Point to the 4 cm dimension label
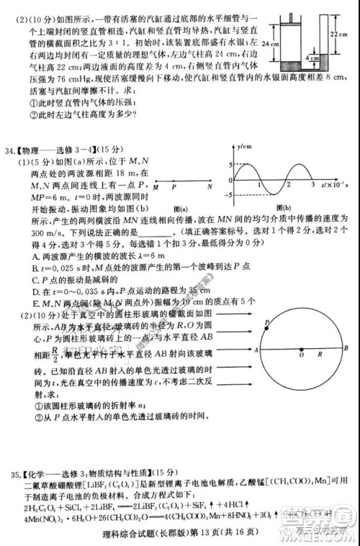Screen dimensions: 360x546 point(312,57)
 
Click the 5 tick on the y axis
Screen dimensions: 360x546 point(230,165)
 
